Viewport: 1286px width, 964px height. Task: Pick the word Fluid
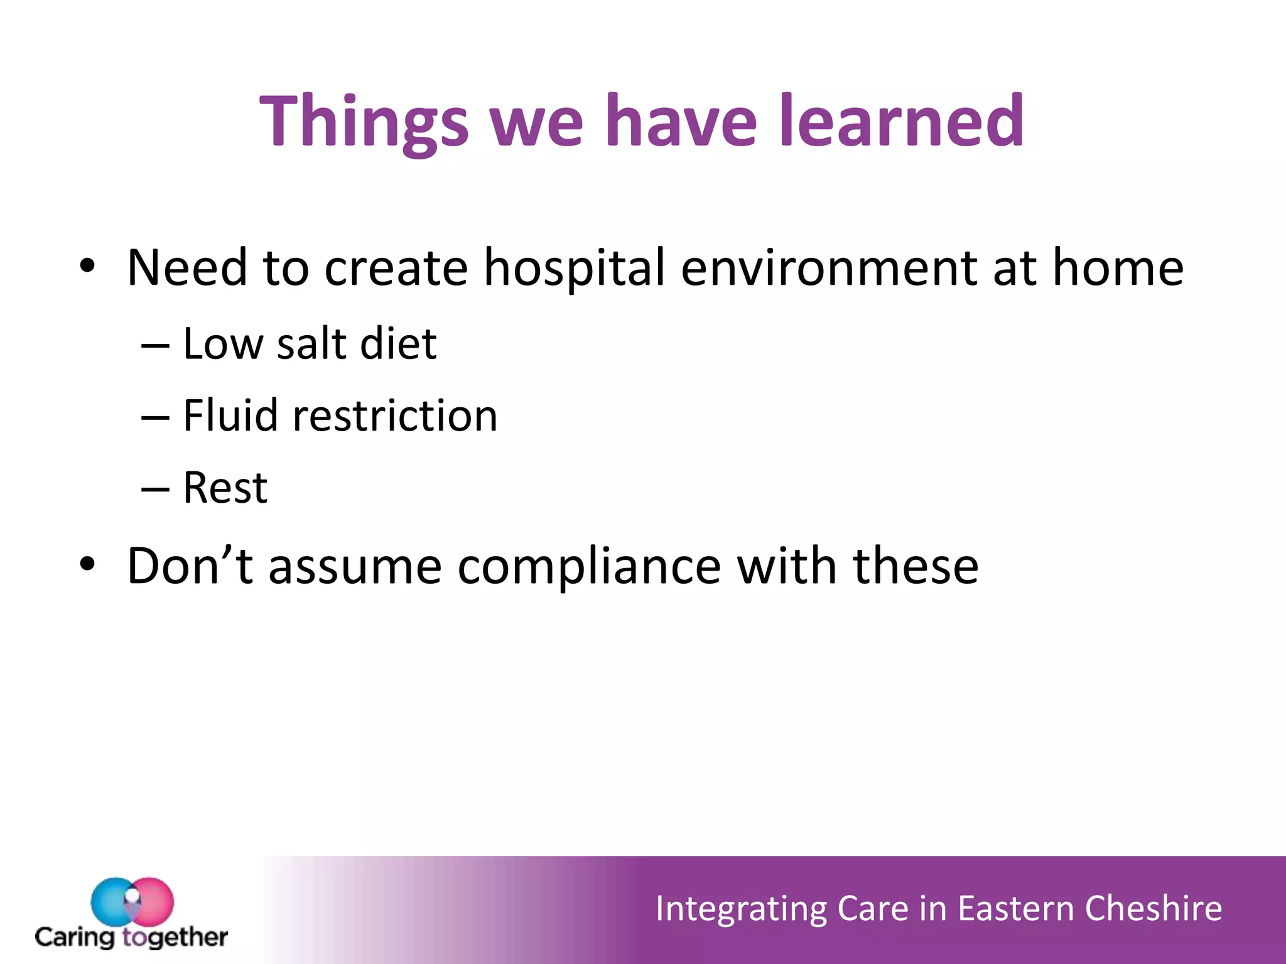pos(230,415)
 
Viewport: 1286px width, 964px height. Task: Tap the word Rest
pos(225,488)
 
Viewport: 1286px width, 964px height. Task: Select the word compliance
pos(589,567)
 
